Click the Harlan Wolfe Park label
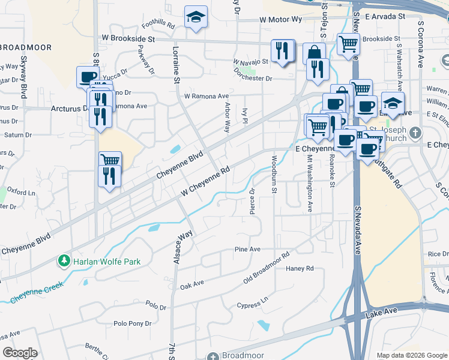(106, 262)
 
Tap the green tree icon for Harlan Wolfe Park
(64, 261)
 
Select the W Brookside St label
(128, 39)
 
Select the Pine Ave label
(247, 249)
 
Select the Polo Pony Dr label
(132, 323)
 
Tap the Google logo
(20, 353)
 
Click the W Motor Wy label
(280, 19)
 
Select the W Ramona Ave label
(206, 96)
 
